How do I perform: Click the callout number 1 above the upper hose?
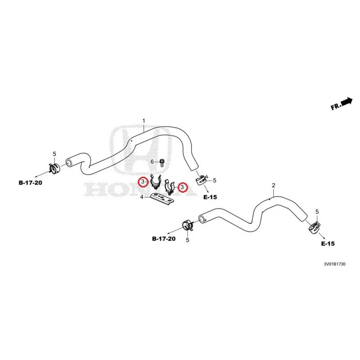(144, 121)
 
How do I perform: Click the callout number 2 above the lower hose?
(274, 185)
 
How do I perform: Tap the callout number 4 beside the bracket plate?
(142, 197)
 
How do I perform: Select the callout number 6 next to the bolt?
(152, 162)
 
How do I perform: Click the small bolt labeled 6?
(162, 163)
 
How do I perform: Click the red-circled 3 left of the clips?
(143, 182)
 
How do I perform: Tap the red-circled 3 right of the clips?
(182, 187)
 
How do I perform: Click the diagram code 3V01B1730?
(334, 264)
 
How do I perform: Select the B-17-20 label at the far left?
(31, 183)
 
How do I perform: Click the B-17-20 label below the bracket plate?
(164, 239)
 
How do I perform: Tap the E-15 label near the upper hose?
(210, 197)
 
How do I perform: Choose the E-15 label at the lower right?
(328, 243)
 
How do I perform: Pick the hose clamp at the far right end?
(314, 227)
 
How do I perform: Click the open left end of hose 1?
(69, 162)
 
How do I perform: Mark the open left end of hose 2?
(202, 219)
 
